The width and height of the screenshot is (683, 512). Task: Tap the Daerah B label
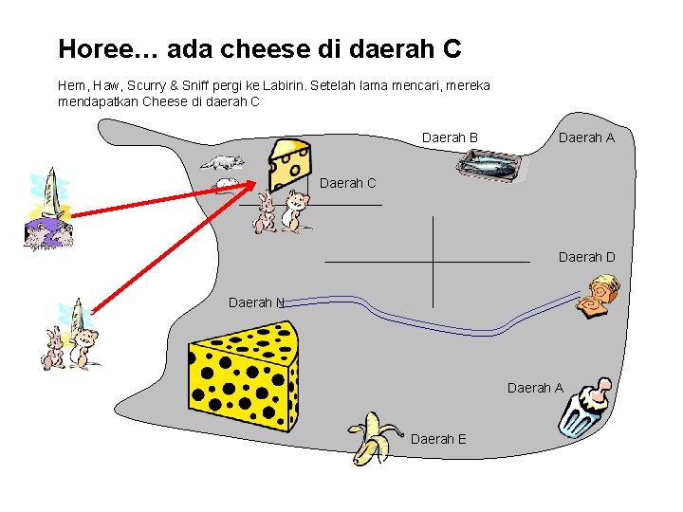pyautogui.click(x=450, y=138)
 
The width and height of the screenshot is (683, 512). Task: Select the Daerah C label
pyautogui.click(x=348, y=182)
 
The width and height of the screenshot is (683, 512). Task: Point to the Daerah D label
pyautogui.click(x=586, y=257)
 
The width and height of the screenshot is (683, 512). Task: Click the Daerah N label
pyautogui.click(x=256, y=302)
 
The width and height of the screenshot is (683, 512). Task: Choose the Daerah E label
pyautogui.click(x=438, y=439)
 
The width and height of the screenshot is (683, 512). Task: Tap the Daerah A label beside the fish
pyautogui.click(x=586, y=138)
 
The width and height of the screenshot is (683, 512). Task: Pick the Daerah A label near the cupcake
pyautogui.click(x=535, y=388)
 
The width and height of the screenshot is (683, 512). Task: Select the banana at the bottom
pyautogui.click(x=370, y=438)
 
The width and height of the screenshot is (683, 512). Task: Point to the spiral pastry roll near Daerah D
pyautogui.click(x=600, y=296)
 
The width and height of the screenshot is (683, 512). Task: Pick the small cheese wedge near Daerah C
pyautogui.click(x=288, y=164)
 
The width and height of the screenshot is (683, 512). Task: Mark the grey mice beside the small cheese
pyautogui.click(x=222, y=172)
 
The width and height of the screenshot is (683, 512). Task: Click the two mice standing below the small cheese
pyautogui.click(x=283, y=211)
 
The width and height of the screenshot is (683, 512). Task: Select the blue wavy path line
pyautogui.click(x=427, y=325)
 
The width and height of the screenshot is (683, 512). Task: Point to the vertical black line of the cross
pyautogui.click(x=432, y=262)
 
